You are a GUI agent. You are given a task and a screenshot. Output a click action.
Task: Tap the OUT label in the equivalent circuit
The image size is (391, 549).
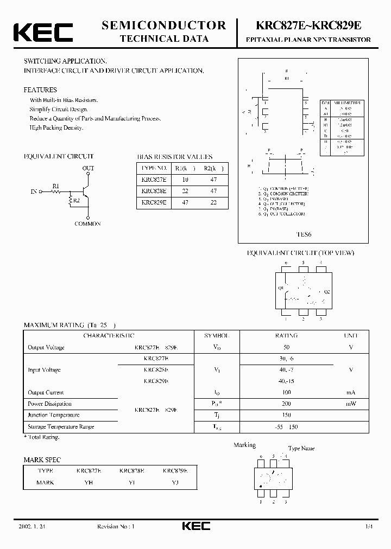pos(88,169)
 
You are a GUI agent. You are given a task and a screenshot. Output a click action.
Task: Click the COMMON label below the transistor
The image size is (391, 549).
pos(87,224)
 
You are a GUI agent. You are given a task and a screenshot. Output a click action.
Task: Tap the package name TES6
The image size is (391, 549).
pos(304,235)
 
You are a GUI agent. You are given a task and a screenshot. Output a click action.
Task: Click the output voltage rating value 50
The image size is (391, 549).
pos(287,347)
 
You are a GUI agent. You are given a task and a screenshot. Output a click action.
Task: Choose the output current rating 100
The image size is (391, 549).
pos(287,392)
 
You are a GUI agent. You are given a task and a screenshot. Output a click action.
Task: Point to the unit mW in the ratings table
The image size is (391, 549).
pos(351,404)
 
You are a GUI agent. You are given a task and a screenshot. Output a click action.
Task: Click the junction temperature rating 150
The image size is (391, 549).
pos(287,415)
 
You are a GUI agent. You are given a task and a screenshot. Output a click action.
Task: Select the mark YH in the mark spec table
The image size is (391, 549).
pos(89,482)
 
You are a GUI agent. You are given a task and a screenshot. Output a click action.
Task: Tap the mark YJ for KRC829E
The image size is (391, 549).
pos(175,482)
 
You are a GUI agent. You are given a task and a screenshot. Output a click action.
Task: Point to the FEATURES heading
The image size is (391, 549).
pos(40,90)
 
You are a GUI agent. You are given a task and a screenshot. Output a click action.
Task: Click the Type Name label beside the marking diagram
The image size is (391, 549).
pos(301,449)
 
